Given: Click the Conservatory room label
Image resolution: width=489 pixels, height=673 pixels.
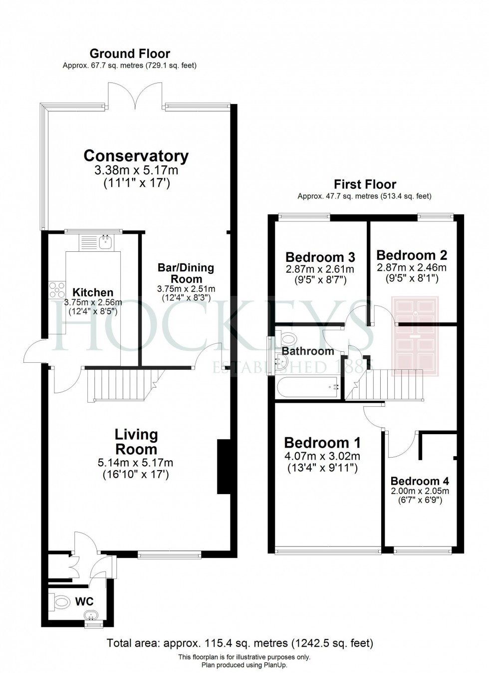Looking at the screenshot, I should pyautogui.click(x=136, y=156).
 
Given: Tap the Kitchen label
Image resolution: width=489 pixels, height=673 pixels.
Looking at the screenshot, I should pyautogui.click(x=93, y=292).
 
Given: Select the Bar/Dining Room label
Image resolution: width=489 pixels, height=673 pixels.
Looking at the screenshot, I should pyautogui.click(x=186, y=273).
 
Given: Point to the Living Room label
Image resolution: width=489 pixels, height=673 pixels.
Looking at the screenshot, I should pyautogui.click(x=136, y=442).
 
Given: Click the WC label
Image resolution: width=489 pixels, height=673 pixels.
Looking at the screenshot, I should pyautogui.click(x=84, y=601).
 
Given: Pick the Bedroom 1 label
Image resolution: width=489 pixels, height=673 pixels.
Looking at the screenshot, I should pyautogui.click(x=322, y=443).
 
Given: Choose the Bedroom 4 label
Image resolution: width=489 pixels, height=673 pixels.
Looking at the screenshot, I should pyautogui.click(x=420, y=481).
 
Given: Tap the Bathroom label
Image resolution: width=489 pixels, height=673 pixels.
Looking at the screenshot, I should pyautogui.click(x=308, y=351).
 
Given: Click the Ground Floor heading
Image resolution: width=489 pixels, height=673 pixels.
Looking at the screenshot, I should pyautogui.click(x=130, y=53).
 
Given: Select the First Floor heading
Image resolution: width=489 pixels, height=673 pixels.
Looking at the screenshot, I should pyautogui.click(x=365, y=184).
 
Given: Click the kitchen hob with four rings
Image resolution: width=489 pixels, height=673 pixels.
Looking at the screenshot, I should pyautogui.click(x=56, y=290).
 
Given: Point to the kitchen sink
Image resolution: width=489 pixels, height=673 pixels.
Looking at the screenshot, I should pyautogui.click(x=105, y=242).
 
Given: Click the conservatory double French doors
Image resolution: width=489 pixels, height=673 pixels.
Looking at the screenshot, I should pyautogui.click(x=134, y=96).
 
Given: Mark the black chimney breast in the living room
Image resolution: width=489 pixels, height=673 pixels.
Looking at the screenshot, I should pyautogui.click(x=223, y=467).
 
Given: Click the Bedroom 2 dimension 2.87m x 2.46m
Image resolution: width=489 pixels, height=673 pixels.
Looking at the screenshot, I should pyautogui.click(x=412, y=267).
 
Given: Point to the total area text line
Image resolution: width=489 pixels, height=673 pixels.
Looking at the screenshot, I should pyautogui.click(x=240, y=643).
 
